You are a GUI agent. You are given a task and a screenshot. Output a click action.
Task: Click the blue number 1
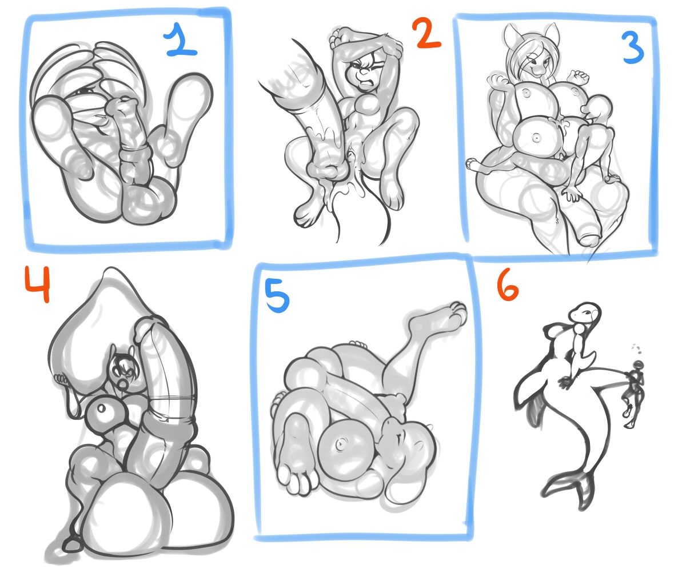pyautogui.click(x=181, y=40)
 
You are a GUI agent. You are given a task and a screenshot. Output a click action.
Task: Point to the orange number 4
pyautogui.click(x=38, y=285)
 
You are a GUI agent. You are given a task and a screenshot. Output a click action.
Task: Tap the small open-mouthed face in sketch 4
pyautogui.click(x=122, y=371)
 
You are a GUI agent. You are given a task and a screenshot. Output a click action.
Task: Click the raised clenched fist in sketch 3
pyautogui.click(x=580, y=77)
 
